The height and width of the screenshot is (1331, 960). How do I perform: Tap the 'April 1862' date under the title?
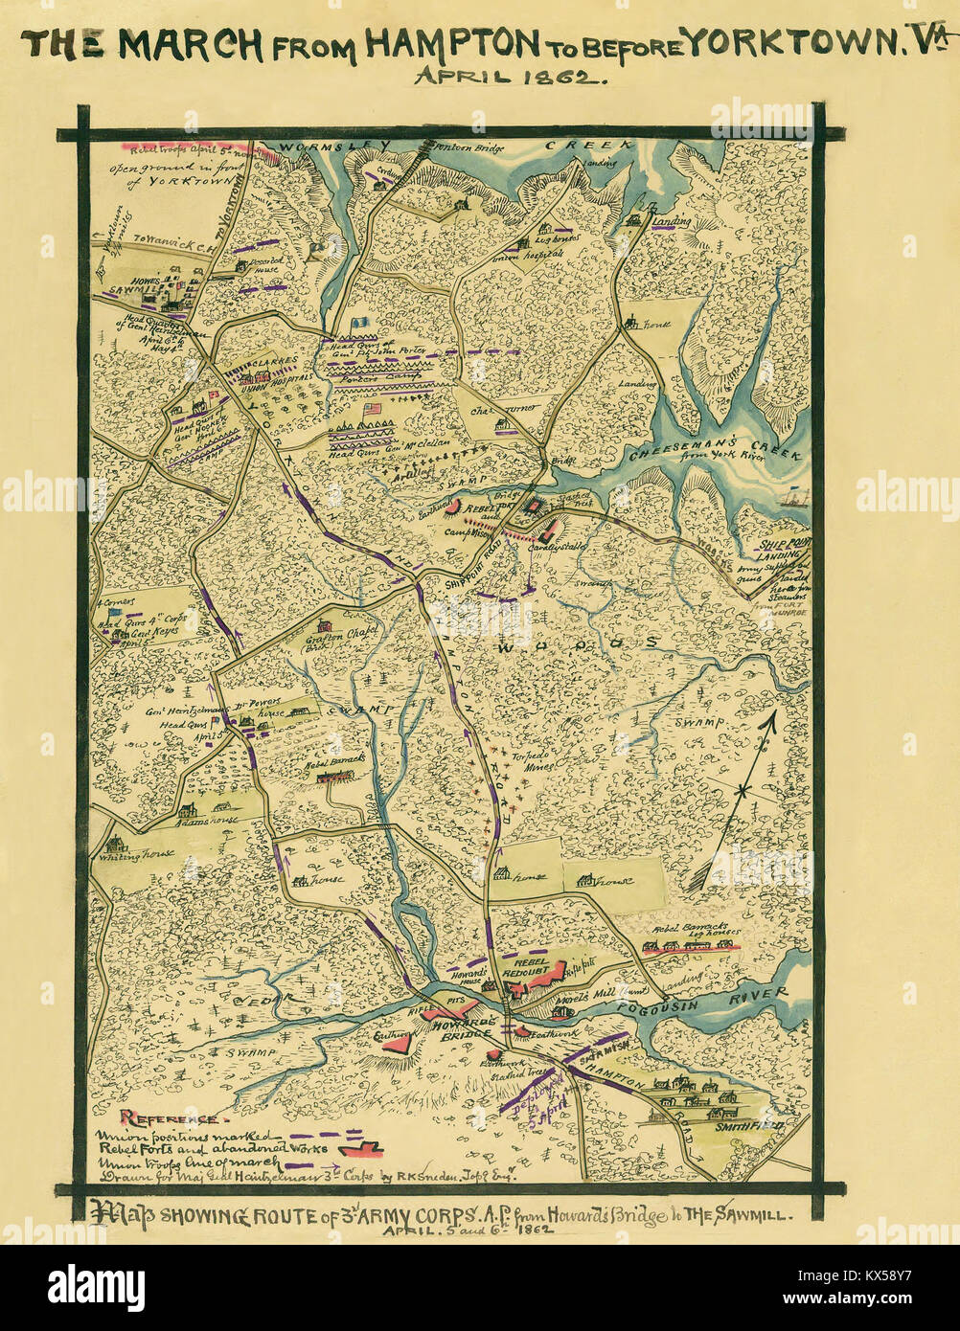point(510,77)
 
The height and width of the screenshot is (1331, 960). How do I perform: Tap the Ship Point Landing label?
point(783,548)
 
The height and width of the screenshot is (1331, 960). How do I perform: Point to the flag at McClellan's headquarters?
point(372,409)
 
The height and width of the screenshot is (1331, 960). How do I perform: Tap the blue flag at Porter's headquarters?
point(360,325)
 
